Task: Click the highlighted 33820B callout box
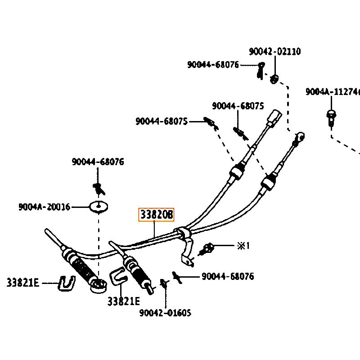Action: pos(156,215)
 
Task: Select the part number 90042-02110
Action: pos(275,52)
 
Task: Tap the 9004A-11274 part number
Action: pos(333,92)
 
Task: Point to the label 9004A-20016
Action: pos(45,207)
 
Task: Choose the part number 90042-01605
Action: pos(165,312)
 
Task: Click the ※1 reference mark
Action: pos(243,246)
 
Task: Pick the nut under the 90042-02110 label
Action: pos(274,80)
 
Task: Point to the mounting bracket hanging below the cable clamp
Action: pos(189,252)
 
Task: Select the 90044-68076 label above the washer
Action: pos(98,162)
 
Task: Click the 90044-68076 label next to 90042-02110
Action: pos(213,65)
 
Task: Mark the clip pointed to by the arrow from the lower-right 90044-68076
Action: pos(177,277)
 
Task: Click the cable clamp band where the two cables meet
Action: pos(182,233)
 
